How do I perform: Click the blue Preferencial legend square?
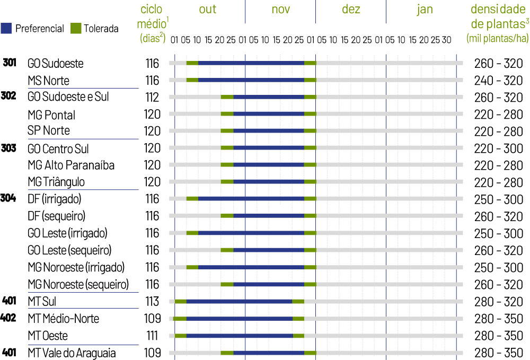coord(7,28)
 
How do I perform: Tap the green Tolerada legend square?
coord(75,28)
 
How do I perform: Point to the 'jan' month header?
coord(425,10)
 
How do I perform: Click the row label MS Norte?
coord(48,81)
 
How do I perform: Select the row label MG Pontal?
coord(51,115)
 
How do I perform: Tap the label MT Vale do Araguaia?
coord(72,353)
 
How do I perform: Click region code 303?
coord(9,148)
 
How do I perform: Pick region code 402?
coord(9,318)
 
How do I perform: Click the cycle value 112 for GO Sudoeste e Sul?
coord(152,98)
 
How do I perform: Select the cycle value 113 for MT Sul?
coord(152,301)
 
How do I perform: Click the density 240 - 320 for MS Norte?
coord(498,81)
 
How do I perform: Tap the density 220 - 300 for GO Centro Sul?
coord(498,148)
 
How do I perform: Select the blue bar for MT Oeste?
coord(240,336)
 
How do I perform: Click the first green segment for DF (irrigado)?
coord(192,199)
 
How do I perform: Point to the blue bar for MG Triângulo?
coord(268,182)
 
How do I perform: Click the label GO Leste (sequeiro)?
coord(69,250)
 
